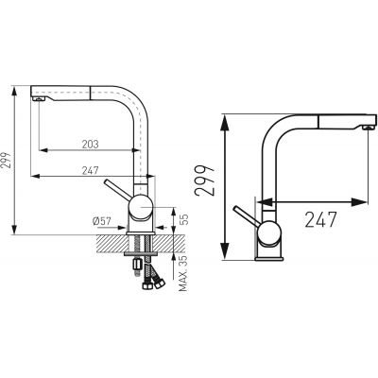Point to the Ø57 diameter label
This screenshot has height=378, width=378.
click(106, 220)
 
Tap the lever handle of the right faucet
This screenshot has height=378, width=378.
click(243, 212)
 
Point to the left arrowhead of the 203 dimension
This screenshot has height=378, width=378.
click(42, 149)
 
